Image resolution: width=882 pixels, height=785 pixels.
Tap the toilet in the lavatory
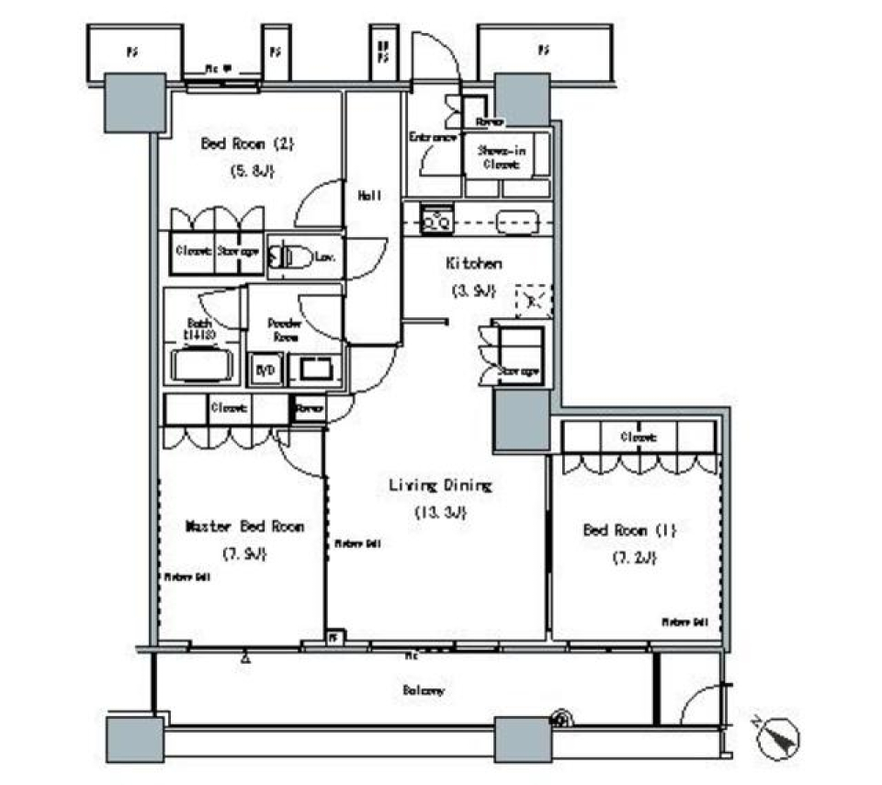click(291, 258)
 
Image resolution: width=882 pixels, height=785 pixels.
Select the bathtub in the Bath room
click(198, 365)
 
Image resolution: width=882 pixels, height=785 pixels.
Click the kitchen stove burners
click(436, 221)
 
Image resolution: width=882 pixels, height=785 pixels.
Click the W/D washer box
click(265, 369)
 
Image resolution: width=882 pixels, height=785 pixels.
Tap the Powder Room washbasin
click(314, 370)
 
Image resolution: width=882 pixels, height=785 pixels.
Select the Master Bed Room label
click(244, 527)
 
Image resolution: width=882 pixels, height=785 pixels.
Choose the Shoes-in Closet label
click(500, 157)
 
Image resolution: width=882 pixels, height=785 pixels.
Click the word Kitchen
click(473, 264)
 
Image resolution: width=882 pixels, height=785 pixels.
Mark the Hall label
click(369, 195)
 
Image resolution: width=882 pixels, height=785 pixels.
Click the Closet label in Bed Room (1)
click(638, 438)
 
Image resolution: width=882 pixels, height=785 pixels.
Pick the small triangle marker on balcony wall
click(245, 658)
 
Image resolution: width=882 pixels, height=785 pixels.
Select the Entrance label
click(432, 138)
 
